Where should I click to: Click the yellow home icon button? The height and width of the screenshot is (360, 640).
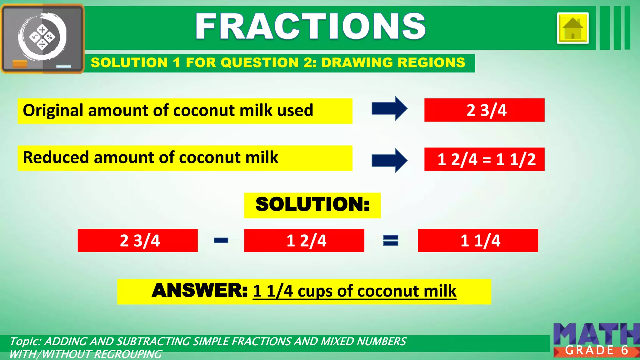pyautogui.click(x=572, y=28)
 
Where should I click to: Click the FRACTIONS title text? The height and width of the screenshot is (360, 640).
pyautogui.click(x=310, y=27)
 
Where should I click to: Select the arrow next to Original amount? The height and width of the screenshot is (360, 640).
pyautogui.click(x=389, y=108)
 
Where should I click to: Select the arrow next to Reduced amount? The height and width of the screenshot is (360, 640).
pyautogui.click(x=389, y=161)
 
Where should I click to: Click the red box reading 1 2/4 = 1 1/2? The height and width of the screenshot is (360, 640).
pyautogui.click(x=484, y=159)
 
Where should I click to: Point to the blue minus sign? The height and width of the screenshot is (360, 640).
pyautogui.click(x=221, y=240)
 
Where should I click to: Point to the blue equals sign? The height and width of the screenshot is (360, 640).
pyautogui.click(x=391, y=240)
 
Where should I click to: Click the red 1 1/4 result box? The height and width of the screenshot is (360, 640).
pyautogui.click(x=478, y=240)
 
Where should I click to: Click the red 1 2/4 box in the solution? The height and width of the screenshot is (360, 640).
pyautogui.click(x=304, y=240)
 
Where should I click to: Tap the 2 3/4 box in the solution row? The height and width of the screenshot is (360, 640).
pyautogui.click(x=137, y=240)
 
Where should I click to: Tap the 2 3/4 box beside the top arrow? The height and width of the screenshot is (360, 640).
pyautogui.click(x=484, y=110)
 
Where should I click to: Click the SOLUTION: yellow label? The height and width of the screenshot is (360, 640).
pyautogui.click(x=312, y=205)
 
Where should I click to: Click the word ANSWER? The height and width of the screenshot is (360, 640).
pyautogui.click(x=199, y=291)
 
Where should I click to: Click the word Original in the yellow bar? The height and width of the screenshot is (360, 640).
pyautogui.click(x=53, y=111)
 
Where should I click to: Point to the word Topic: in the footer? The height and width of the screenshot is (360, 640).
pyautogui.click(x=25, y=341)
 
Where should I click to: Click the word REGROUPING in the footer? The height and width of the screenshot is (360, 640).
pyautogui.click(x=128, y=354)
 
